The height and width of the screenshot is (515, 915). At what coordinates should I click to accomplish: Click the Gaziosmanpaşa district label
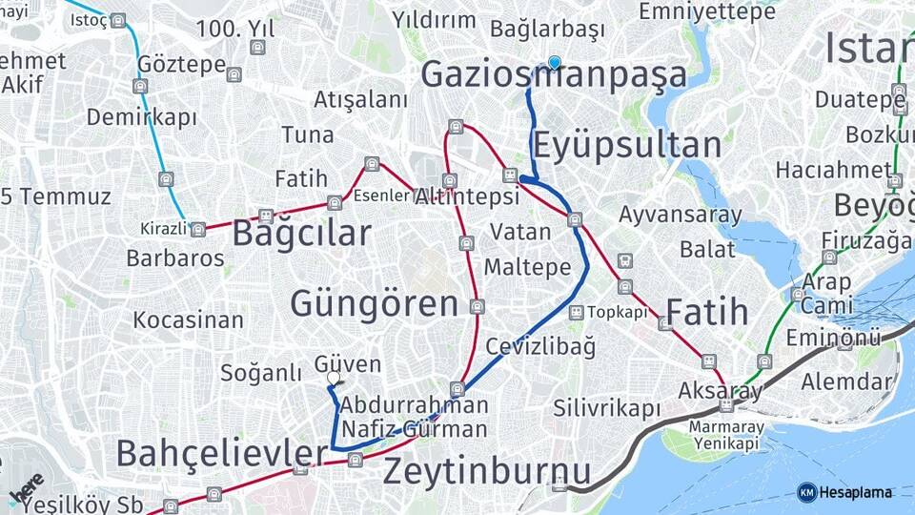pos(553,75)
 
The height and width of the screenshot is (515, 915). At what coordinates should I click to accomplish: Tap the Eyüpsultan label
pos(626,146)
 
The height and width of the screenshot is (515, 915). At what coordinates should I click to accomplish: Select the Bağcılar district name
pos(301,233)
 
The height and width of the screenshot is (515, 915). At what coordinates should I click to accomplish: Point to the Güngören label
pos(374,304)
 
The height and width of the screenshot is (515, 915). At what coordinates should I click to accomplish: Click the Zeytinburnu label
pos(486,471)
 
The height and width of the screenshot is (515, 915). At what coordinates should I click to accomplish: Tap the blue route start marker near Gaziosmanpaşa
pos(555,63)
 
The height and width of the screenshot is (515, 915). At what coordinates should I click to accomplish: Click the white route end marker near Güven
pos(334,379)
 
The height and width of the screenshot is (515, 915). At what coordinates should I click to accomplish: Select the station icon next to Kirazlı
pos(197,230)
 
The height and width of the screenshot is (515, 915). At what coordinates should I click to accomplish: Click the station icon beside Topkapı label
pos(576,313)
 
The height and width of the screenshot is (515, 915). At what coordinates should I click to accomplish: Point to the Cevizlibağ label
pos(540,346)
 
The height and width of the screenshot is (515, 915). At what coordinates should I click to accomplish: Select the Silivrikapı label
pos(607,408)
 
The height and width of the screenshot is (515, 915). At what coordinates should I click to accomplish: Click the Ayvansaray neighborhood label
pos(680,215)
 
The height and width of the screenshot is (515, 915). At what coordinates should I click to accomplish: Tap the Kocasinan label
pos(189,319)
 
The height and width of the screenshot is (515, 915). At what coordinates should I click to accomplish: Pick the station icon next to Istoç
pos(117,20)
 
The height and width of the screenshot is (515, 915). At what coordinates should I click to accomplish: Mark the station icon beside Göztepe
pos(234,73)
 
